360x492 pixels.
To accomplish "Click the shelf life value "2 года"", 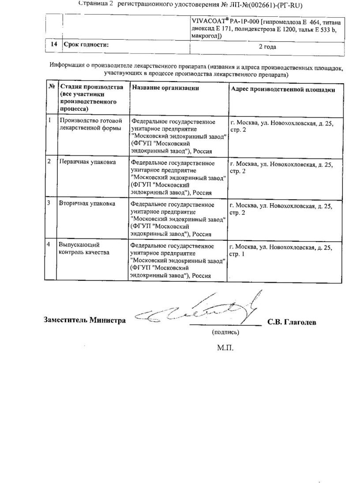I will tap(267, 47).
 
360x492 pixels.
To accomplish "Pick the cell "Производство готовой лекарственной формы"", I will tap(90, 125).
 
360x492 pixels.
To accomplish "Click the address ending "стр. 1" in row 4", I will tap(281, 251).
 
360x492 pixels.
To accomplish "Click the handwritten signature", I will tap(199, 309).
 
